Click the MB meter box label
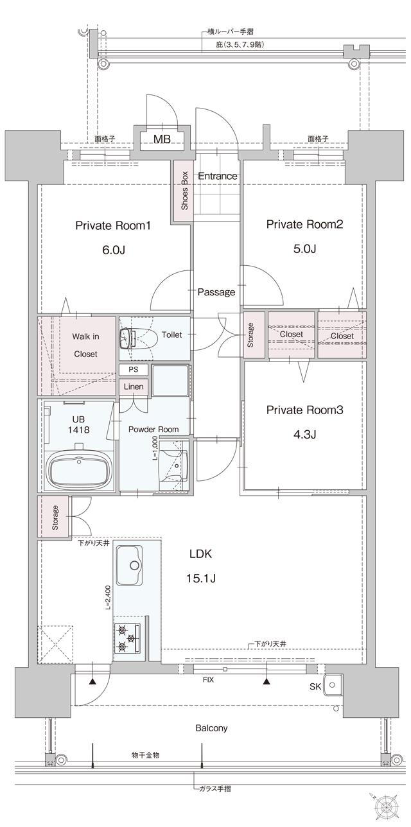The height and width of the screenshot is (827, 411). click(162, 139)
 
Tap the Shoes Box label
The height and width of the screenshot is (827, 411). click(184, 191)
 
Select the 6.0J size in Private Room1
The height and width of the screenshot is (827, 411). click(114, 250)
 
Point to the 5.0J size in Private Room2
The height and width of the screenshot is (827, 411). click(304, 248)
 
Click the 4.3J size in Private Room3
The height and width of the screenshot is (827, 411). click(304, 435)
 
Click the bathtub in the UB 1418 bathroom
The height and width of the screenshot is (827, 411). click(79, 469)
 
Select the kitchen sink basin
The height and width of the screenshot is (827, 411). click(129, 566)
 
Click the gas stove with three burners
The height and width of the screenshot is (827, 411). click(127, 638)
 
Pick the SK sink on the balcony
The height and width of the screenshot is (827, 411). click(333, 685)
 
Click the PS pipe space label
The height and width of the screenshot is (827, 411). click(134, 370)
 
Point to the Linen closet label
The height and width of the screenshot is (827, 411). click(134, 387)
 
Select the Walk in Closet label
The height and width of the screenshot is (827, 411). click(85, 345)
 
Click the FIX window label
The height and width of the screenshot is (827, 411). click(208, 680)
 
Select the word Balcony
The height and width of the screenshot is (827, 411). click(211, 727)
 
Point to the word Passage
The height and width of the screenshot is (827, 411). click(216, 292)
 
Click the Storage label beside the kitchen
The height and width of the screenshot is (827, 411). click(55, 518)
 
